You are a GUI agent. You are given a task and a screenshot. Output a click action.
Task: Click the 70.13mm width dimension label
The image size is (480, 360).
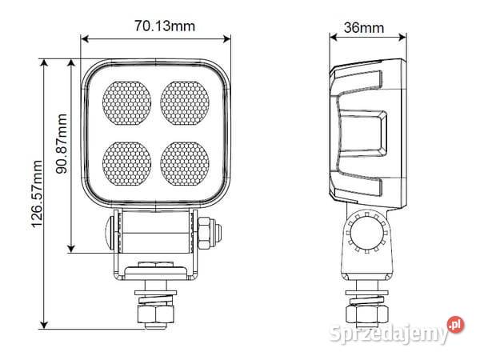tap(164, 26)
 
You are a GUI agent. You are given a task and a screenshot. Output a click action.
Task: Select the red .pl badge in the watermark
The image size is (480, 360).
tap(455, 324)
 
